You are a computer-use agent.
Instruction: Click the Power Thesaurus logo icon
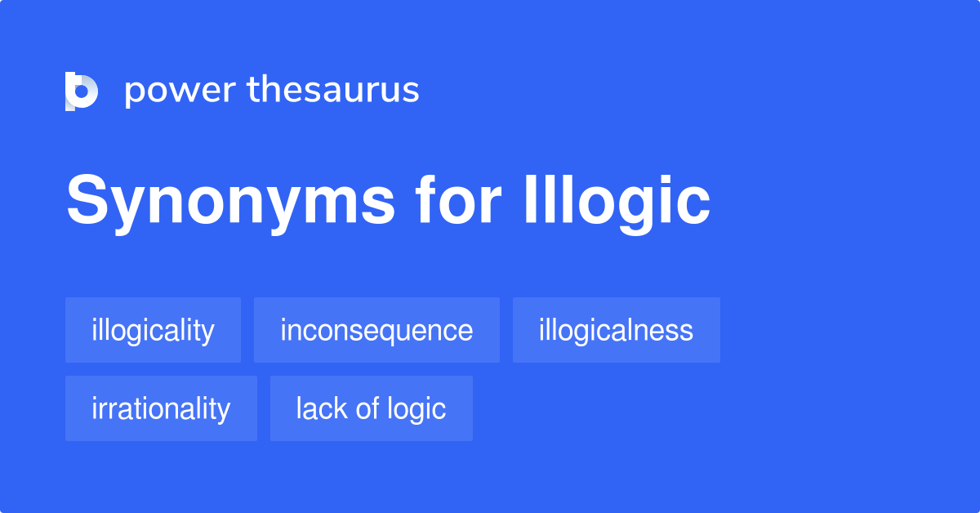[x=82, y=91]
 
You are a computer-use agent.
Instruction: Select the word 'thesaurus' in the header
[x=333, y=90]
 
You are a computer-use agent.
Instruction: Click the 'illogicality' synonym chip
[x=153, y=331]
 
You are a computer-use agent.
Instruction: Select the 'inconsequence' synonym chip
[x=376, y=331]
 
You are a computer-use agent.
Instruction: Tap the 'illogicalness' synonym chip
[x=616, y=331]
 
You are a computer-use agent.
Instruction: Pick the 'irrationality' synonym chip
[x=161, y=408]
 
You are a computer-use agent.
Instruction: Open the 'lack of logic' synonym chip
[x=371, y=408]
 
